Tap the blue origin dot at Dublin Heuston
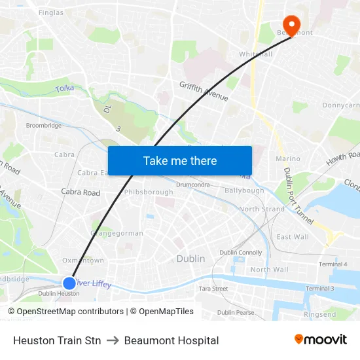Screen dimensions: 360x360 coord(69,283)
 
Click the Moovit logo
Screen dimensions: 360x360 coord(320,339)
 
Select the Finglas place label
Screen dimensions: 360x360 coord(51,12)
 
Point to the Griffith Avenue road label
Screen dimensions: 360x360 coord(204,90)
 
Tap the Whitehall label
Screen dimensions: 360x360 coord(255,54)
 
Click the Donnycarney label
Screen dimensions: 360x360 coord(340,105)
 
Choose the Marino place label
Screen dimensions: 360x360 coord(288,158)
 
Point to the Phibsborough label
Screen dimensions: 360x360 coord(149,192)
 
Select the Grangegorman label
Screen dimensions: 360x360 coord(117,233)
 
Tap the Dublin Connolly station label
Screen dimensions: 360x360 coord(240,252)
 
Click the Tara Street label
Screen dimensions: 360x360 coord(213,288)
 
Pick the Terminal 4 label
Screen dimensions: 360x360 coord(333,264)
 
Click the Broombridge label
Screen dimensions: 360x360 coord(43,125)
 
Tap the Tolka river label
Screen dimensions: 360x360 coord(65,88)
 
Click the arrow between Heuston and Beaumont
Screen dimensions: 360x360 coord(113,340)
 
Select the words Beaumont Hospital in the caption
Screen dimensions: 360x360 coord(171,340)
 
